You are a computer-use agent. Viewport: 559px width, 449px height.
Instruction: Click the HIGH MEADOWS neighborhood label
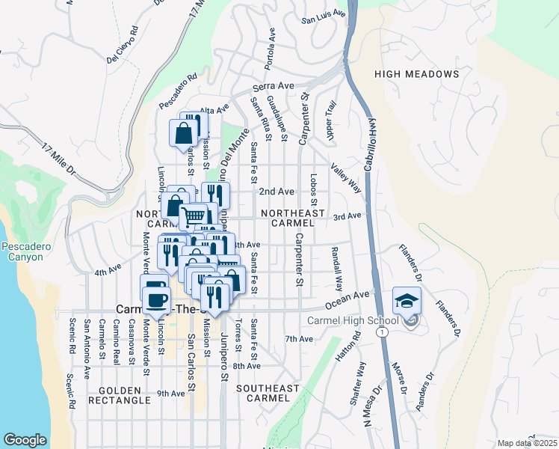pos(416,74)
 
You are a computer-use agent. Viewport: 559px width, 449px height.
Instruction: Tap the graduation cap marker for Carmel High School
pos(406,300)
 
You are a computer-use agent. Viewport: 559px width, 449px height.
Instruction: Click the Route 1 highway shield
pos(383,330)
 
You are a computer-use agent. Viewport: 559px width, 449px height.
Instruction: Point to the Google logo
pos(25,440)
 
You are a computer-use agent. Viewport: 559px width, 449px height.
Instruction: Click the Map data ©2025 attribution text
pos(527,443)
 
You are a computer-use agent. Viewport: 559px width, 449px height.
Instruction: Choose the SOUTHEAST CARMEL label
pos(268,394)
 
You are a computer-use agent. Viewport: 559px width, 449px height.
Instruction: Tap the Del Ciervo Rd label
pos(123,45)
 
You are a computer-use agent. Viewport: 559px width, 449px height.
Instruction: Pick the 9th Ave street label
pos(170,393)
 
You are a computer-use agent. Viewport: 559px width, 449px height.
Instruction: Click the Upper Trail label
pos(328,120)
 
